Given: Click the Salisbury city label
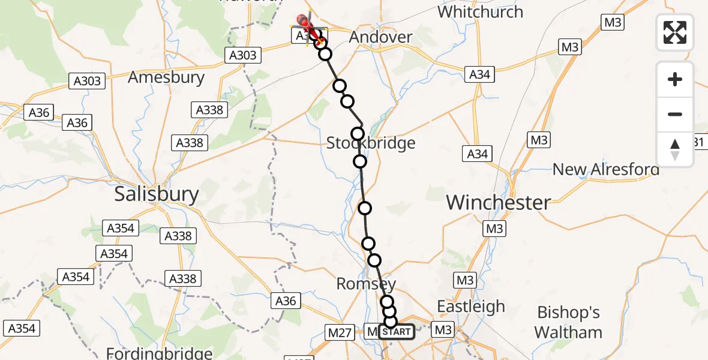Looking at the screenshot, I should click(x=157, y=194).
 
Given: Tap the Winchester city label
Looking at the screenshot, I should click(x=498, y=203).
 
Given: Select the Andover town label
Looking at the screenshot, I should click(x=381, y=37).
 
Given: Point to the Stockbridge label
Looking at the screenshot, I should click(x=371, y=143).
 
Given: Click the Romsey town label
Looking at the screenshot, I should click(x=366, y=283).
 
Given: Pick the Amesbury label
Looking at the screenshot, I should click(x=166, y=77).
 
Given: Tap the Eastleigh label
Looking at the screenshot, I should click(x=471, y=307).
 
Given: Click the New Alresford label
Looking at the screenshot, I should click(x=605, y=169).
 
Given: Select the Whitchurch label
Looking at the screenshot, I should click(x=480, y=11).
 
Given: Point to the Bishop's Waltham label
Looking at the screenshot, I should click(x=568, y=322).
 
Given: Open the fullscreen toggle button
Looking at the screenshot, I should click(x=675, y=32).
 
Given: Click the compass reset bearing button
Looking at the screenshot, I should click(x=675, y=149).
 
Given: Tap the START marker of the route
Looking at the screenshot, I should click(x=396, y=332).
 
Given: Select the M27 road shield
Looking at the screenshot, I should click(x=340, y=331).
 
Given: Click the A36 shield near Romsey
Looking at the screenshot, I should click(x=286, y=301).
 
